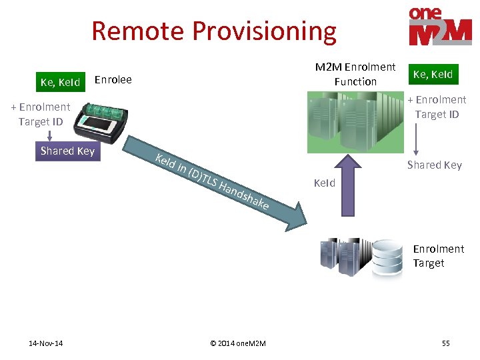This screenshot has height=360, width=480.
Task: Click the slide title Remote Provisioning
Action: (x=214, y=31)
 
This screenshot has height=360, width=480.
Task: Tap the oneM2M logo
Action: (x=440, y=27)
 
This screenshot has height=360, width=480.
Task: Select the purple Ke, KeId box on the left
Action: (x=60, y=83)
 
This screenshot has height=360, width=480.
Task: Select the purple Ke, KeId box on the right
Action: (x=433, y=74)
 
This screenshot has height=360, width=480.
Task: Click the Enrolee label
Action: (x=113, y=80)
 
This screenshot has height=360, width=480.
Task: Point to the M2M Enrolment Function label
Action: (x=355, y=74)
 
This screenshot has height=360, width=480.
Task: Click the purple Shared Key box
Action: (x=67, y=151)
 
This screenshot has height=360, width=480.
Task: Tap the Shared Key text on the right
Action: (x=434, y=165)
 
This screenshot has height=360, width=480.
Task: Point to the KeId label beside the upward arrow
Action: (x=325, y=183)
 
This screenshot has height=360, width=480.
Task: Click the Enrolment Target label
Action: (x=438, y=256)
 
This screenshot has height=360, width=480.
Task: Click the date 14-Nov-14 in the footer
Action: (x=46, y=343)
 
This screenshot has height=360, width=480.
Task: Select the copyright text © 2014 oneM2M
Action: (x=238, y=343)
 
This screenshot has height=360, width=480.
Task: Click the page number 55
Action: (x=445, y=343)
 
